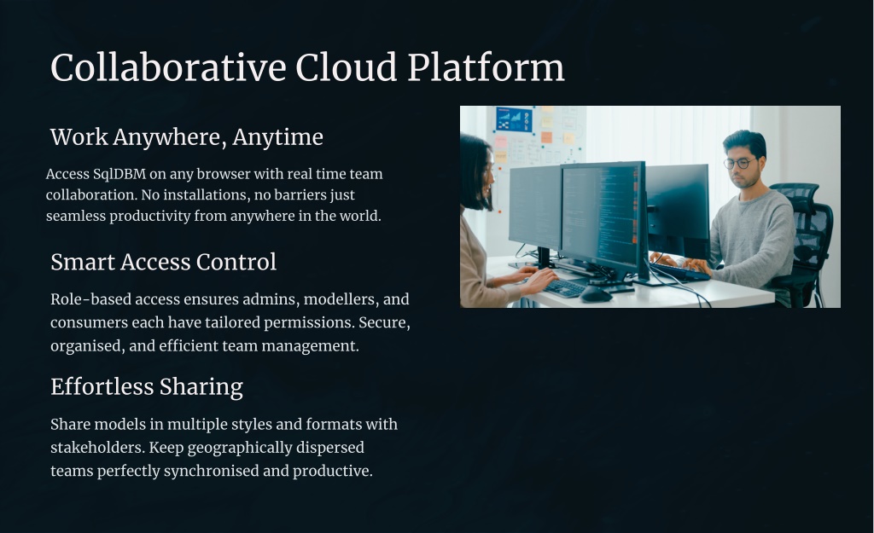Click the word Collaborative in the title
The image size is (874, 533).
pyautogui.click(x=168, y=67)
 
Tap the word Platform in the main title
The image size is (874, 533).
pyautogui.click(x=486, y=67)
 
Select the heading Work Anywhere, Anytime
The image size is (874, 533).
pyautogui.click(x=186, y=137)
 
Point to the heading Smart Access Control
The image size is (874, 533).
pyautogui.click(x=163, y=263)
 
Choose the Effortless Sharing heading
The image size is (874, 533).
pyautogui.click(x=147, y=387)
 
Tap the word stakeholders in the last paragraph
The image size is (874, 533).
pyautogui.click(x=97, y=448)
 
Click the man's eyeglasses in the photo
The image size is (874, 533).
pyautogui.click(x=740, y=163)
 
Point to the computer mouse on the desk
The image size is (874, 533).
pyautogui.click(x=595, y=293)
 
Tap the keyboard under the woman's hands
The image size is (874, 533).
pyautogui.click(x=563, y=287)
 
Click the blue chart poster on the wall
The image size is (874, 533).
pyautogui.click(x=513, y=119)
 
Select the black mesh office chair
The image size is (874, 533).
pyautogui.click(x=805, y=240)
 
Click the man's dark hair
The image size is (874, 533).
pyautogui.click(x=744, y=142)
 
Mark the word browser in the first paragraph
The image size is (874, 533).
pyautogui.click(x=224, y=174)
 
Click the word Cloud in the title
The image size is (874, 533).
pyautogui.click(x=347, y=67)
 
